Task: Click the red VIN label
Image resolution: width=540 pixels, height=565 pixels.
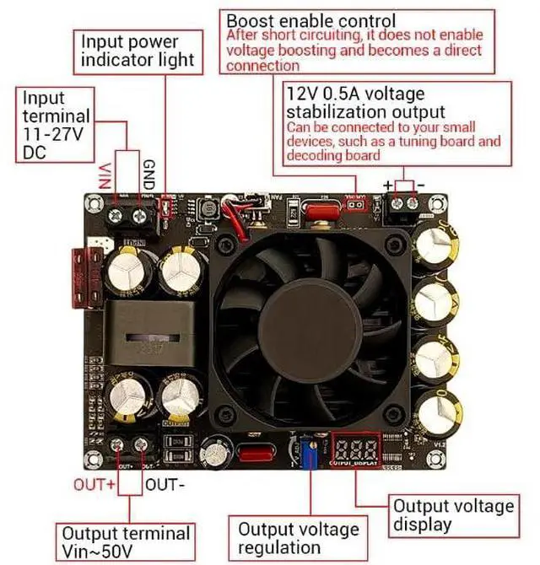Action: (x=105, y=174)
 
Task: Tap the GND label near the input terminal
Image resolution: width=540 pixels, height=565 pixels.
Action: (x=148, y=175)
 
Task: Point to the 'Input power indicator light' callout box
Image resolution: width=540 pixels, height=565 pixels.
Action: (x=141, y=51)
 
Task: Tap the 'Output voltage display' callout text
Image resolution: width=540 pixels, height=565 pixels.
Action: (x=453, y=514)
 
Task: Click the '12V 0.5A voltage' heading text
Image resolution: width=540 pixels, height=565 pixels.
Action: (x=354, y=94)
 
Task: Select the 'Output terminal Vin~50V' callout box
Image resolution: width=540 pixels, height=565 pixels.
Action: (x=124, y=542)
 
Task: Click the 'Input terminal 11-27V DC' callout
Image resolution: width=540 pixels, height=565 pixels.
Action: (x=53, y=126)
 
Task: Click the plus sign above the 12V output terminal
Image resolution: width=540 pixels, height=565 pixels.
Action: (x=388, y=185)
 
